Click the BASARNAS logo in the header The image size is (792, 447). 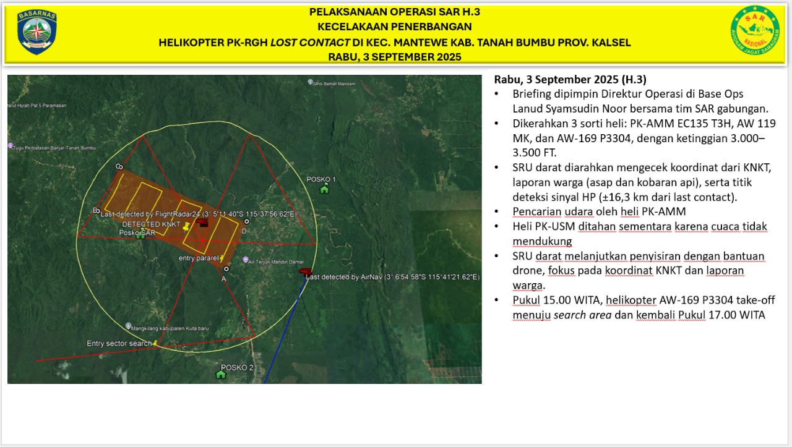(37, 32)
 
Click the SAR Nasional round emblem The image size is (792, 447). (755, 31)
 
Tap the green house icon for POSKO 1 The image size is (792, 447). (324, 189)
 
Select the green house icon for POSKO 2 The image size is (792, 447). (221, 375)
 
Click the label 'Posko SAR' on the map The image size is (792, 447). (137, 232)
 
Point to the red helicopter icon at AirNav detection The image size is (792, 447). (304, 271)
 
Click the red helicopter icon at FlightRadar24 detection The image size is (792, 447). (202, 221)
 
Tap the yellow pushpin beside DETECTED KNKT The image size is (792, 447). (185, 227)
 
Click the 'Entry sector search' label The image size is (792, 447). (119, 344)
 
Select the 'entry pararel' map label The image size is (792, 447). (199, 258)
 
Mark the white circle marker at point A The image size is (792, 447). (226, 269)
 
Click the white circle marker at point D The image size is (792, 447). (247, 221)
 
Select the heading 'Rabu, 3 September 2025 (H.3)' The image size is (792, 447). (570, 80)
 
